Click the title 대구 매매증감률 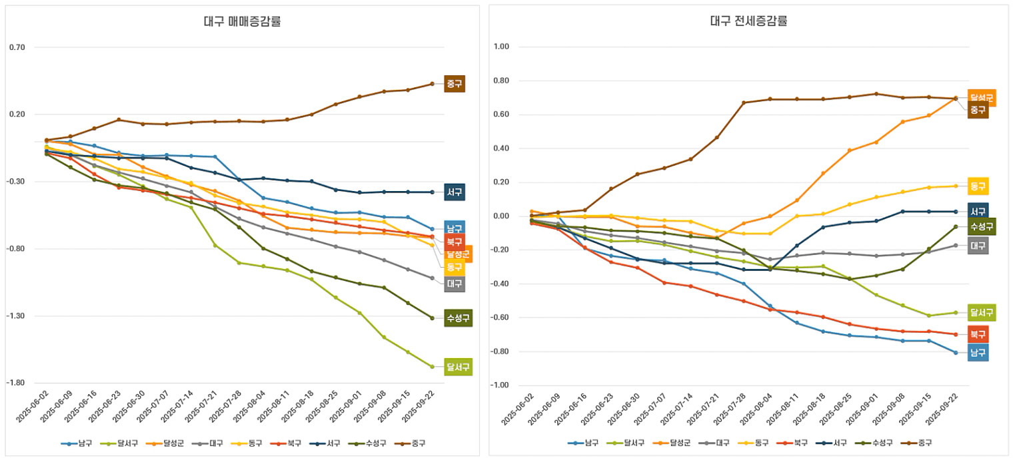242,21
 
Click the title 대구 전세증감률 748,21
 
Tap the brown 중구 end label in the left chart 455,84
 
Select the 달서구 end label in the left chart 459,367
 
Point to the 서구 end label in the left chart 455,192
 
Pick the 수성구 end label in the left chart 459,318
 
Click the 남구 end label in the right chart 978,353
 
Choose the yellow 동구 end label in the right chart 978,186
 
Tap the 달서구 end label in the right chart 982,312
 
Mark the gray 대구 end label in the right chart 978,246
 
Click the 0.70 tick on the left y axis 17,47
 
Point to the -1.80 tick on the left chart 17,383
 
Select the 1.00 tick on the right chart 501,47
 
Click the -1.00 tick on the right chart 499,385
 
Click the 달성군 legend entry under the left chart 170,443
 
